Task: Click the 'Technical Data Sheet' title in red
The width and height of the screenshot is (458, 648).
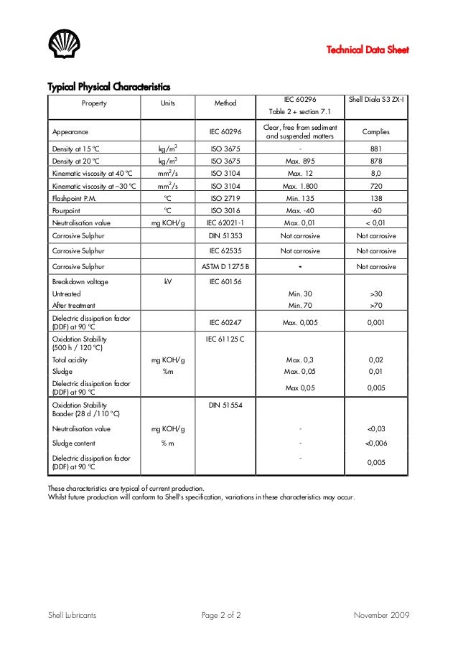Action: point(368,50)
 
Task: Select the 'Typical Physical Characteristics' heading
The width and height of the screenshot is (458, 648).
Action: point(108,88)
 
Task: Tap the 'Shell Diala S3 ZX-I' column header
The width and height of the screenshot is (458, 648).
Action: point(375,103)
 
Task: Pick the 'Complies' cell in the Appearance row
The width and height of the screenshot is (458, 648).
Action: point(375,132)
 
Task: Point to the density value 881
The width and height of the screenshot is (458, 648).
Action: point(375,149)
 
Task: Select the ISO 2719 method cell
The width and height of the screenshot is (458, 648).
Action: point(225,197)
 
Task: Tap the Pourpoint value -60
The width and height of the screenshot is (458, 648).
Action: point(375,210)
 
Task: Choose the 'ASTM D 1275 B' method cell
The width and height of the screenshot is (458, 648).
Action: point(225,266)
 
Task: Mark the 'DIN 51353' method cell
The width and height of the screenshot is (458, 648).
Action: point(225,235)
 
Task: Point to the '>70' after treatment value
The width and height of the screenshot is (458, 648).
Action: point(375,305)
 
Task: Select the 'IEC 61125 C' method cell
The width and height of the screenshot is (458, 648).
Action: point(225,337)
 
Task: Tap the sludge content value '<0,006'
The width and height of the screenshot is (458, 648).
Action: point(375,443)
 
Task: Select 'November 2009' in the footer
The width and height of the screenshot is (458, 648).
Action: point(381,616)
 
